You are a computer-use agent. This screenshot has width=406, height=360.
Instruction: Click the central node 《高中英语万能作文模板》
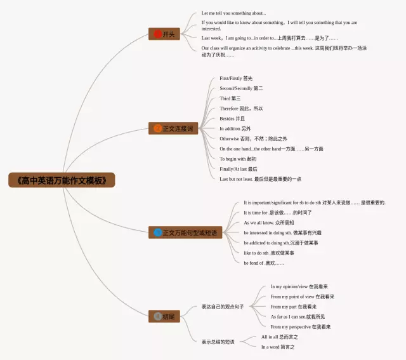(62, 180)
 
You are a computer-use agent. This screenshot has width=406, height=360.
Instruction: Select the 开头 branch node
(164, 34)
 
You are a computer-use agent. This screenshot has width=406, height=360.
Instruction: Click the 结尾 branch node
(164, 316)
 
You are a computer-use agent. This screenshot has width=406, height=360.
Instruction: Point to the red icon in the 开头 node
(158, 34)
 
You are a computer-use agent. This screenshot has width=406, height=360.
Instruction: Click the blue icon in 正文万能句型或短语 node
(158, 233)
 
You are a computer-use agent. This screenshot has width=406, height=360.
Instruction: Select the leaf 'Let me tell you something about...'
(233, 13)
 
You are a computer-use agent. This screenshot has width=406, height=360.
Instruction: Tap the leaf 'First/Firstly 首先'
(236, 79)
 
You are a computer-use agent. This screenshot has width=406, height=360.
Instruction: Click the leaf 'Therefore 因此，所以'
(241, 109)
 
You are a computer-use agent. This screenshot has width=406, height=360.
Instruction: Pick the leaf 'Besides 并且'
(232, 119)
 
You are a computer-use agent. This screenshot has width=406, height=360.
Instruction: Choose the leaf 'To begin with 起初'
(238, 159)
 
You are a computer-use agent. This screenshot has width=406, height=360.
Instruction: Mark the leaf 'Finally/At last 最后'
(239, 169)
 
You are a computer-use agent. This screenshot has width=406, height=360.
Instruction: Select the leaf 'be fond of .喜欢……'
(264, 263)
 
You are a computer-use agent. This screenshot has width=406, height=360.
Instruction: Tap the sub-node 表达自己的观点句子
(223, 307)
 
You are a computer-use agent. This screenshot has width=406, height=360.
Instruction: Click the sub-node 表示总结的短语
(218, 342)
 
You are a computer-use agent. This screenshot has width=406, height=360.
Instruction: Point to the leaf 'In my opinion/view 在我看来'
(299, 286)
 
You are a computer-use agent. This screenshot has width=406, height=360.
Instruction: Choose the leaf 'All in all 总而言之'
(280, 337)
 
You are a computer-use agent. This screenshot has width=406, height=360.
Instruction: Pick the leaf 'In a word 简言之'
(278, 347)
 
